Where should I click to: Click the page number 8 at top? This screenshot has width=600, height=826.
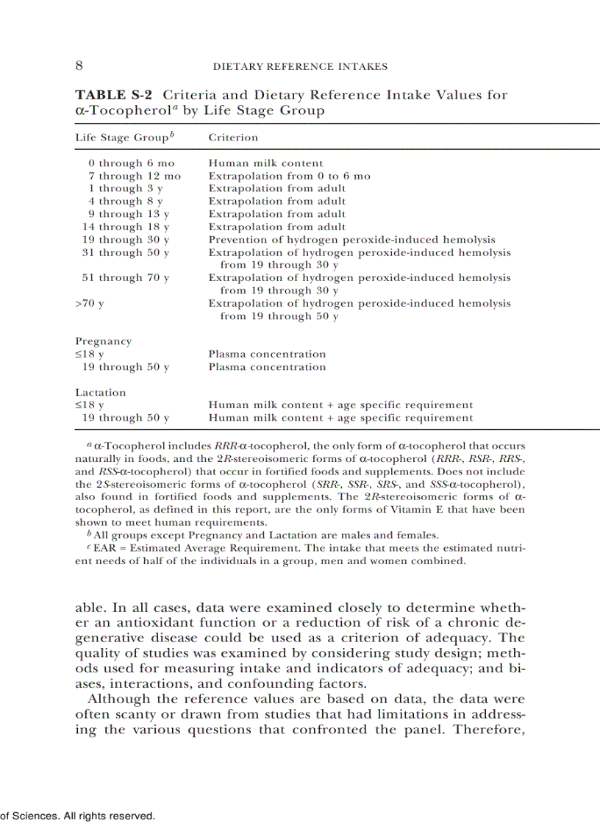(x=79, y=66)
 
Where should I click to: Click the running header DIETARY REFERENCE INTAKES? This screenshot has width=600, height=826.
(x=299, y=67)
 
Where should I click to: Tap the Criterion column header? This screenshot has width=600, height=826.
(x=233, y=137)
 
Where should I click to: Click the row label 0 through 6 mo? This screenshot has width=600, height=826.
(x=132, y=163)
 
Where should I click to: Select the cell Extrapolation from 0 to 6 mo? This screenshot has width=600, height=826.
(x=290, y=176)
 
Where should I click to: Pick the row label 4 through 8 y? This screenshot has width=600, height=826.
(x=126, y=201)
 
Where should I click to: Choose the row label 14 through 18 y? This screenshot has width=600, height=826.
(x=126, y=227)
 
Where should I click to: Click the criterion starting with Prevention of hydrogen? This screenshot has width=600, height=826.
(x=351, y=240)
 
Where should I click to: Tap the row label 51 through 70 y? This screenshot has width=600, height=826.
(x=126, y=278)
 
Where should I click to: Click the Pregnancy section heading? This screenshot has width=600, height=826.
(x=104, y=341)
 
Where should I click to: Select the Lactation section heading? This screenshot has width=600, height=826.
(x=101, y=393)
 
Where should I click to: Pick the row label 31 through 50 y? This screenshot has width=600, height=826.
(x=126, y=252)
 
